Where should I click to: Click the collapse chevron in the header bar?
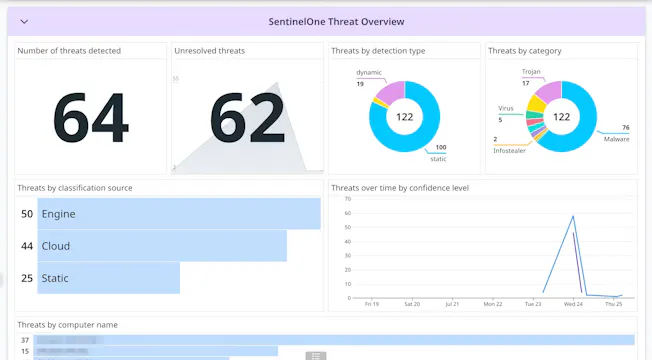[25, 21]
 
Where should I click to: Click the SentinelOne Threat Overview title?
[336, 21]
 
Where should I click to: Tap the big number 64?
[90, 118]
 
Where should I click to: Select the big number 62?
[247, 118]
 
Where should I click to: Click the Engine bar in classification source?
[179, 214]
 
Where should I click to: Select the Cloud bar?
[162, 246]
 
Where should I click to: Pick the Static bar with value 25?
[108, 278]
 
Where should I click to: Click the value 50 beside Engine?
[27, 214]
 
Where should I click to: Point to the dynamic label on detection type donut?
[369, 73]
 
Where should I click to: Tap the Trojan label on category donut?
[531, 72]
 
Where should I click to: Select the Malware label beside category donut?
[615, 138]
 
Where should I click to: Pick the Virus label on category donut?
[506, 108]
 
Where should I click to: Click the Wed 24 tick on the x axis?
[574, 304]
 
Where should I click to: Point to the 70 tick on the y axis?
[347, 199]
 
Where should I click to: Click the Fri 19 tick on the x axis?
[371, 304]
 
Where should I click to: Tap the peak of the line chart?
[573, 216]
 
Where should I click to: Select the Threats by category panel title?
[525, 50]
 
